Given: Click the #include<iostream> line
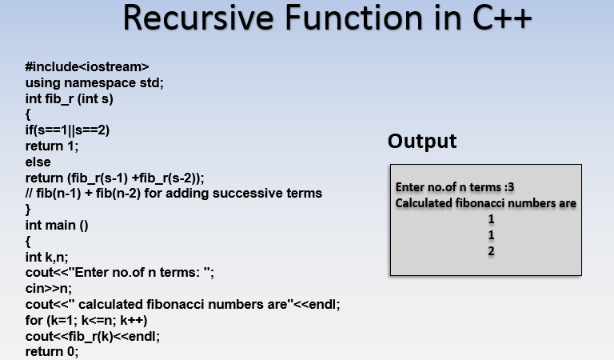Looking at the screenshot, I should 87,67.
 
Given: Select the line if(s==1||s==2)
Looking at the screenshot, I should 67,130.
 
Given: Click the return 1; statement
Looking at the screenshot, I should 52,146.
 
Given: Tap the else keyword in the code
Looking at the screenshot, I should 38,162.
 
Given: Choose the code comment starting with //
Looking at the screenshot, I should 173,193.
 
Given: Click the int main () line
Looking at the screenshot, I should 57,225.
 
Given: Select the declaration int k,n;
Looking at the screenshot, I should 47,257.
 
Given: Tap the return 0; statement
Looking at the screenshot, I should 52,351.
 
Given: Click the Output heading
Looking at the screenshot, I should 422,142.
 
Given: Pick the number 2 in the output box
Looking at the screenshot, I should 491,250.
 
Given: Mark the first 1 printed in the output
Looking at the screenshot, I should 491,219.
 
